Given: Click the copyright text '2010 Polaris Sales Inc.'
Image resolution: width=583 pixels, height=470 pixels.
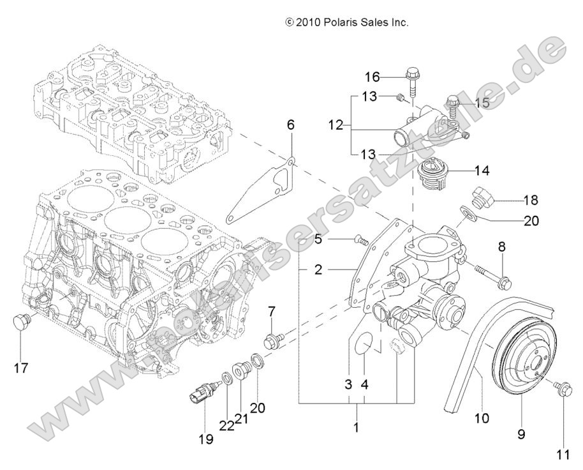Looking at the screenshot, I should tap(347, 22).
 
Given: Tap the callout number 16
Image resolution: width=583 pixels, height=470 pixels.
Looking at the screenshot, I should tap(372, 77).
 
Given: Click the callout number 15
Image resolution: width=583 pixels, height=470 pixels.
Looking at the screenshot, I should tap(482, 102).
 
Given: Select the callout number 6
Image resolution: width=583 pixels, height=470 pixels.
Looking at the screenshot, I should tap(290, 125).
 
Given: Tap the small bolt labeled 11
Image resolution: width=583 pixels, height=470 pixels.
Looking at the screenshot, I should tap(562, 387).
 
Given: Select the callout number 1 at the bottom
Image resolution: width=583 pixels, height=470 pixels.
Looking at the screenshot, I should tap(356, 426).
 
